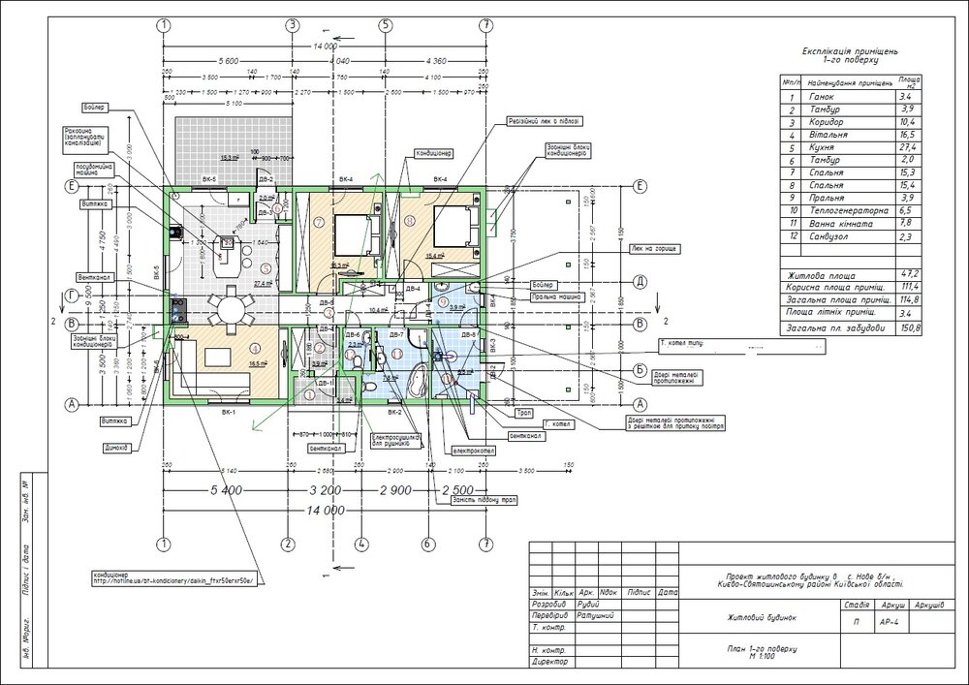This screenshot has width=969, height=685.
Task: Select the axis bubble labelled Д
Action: (x=640, y=282)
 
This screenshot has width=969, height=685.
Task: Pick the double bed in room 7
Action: (x=348, y=234)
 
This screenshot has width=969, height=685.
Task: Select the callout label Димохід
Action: (x=114, y=449)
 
